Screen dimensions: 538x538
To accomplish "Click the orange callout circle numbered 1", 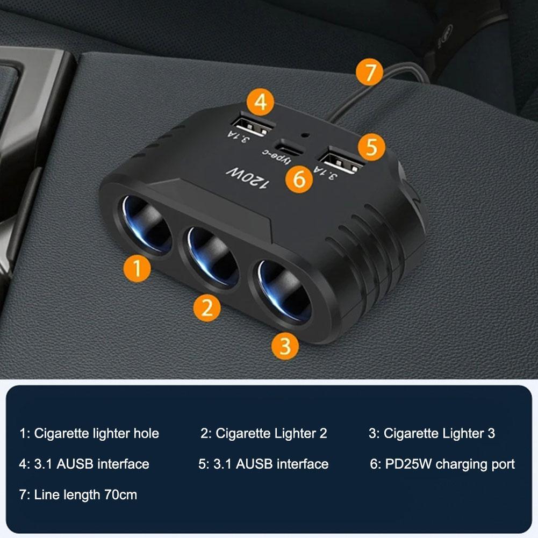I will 138,268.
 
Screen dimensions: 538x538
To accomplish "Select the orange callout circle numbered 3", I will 285,345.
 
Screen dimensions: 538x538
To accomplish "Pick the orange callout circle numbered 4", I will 261,103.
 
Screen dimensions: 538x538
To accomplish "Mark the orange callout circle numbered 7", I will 370,73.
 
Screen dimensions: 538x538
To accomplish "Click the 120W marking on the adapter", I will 246,179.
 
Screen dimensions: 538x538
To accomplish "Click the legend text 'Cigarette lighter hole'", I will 96,433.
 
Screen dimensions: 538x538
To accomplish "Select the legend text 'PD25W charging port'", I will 450,464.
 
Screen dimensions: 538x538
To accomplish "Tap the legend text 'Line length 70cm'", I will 85,494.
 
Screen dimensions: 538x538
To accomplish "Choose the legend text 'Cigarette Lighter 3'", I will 439,433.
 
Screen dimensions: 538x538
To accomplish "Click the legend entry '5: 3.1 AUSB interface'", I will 263,464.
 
